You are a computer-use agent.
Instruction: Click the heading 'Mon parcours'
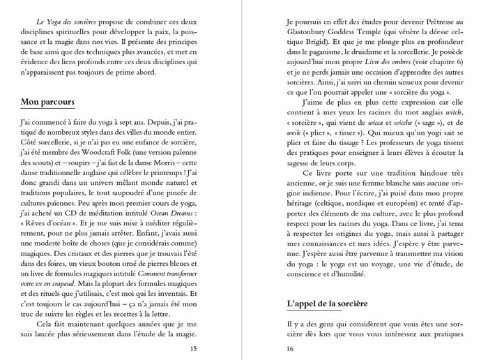(x=47, y=103)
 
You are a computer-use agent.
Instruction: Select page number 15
(x=193, y=349)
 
